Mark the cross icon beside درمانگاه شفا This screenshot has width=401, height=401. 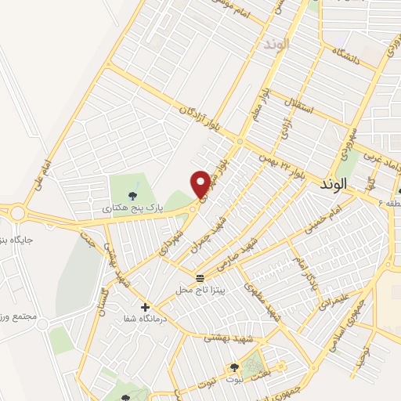145,306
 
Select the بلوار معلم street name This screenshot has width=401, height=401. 262,106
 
